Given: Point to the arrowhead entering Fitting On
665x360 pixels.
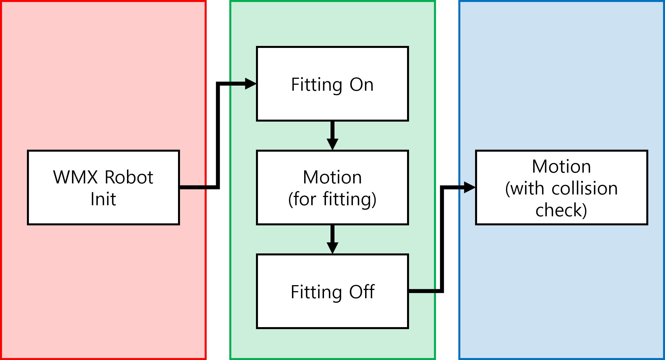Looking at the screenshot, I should tap(250, 84).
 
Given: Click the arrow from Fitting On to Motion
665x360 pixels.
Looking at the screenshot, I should tap(332, 135).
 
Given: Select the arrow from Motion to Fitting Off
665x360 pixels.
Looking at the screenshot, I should tap(332, 239).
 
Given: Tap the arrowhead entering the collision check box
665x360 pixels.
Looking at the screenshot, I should tap(469, 187).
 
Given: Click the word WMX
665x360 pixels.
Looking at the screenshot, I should tap(75, 177).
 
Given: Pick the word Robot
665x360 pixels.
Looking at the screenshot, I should tap(129, 177).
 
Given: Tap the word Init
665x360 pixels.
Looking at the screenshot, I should tap(103, 199).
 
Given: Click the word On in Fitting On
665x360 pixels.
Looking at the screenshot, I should tap(361, 84).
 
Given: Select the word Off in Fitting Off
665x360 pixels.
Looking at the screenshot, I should tap(362, 292).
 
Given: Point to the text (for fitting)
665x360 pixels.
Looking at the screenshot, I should tap(332, 199).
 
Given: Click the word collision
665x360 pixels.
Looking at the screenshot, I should tap(584, 189).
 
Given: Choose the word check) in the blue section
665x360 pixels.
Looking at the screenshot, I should tap(561, 210).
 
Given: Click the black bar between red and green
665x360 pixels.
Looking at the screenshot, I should tap(218, 255).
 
